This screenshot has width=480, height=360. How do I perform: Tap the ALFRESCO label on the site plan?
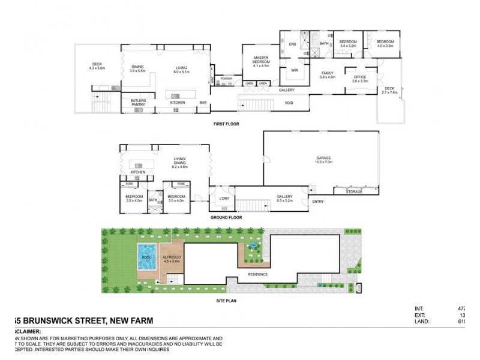click(x=172, y=257)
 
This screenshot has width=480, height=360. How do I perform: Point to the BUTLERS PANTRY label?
click(x=138, y=103)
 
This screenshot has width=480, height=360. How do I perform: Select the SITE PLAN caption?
click(x=226, y=301)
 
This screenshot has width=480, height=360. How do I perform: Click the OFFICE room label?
click(x=360, y=77)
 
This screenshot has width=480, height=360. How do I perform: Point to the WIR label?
click(x=294, y=70)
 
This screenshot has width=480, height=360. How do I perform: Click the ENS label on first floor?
click(x=293, y=44)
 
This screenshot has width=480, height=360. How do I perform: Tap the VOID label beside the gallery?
click(x=289, y=103)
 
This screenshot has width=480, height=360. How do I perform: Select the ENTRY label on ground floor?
click(x=317, y=202)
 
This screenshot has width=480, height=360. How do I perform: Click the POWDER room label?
click(x=226, y=79)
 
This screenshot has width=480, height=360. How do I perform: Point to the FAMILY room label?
click(x=327, y=75)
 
